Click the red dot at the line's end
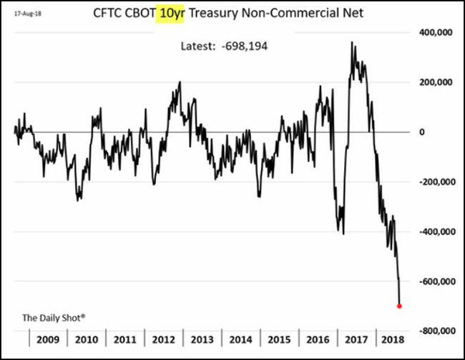point(399,306)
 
